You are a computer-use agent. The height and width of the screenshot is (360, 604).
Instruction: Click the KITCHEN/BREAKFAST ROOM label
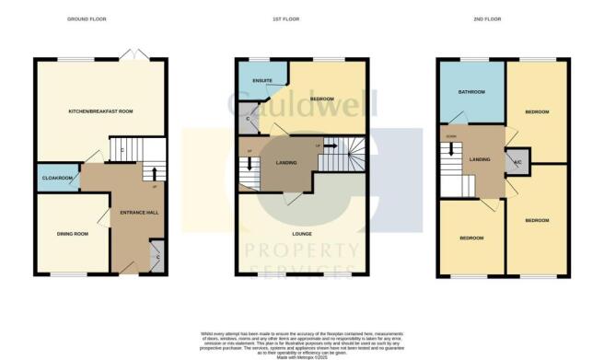pyautogui.click(x=101, y=111)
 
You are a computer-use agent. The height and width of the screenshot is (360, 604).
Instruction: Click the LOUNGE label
pyautogui.click(x=301, y=233)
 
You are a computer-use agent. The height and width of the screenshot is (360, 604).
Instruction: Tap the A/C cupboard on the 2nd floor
pyautogui.click(x=517, y=159)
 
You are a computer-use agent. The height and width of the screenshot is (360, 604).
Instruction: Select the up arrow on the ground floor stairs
pyautogui.click(x=153, y=172)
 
